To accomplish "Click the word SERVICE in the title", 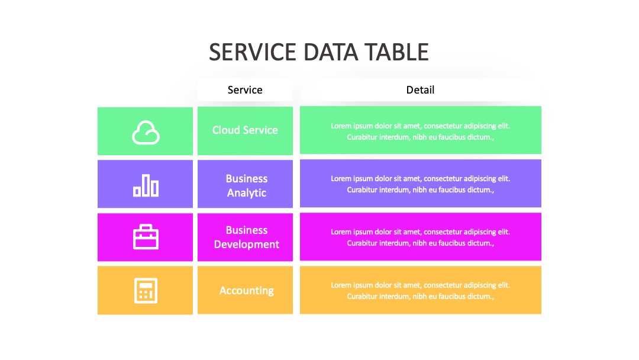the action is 252,52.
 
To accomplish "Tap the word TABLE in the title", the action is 396,52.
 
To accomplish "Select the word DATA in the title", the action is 331,52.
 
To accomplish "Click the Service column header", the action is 245,89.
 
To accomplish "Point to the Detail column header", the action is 420,89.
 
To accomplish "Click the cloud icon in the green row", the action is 146,133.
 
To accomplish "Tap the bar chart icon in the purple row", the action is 146,185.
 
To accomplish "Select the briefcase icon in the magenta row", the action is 146,237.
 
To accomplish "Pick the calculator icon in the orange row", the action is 146,291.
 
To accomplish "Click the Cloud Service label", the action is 245,130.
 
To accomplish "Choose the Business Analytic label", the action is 247,185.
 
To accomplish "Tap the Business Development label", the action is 247,237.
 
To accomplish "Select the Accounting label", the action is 247,291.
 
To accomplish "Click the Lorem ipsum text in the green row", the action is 420,131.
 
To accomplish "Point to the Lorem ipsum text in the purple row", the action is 420,184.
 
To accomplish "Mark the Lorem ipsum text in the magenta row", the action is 420,237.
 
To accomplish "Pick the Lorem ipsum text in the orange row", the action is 420,291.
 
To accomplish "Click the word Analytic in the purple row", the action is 247,193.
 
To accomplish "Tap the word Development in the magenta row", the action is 247,244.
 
